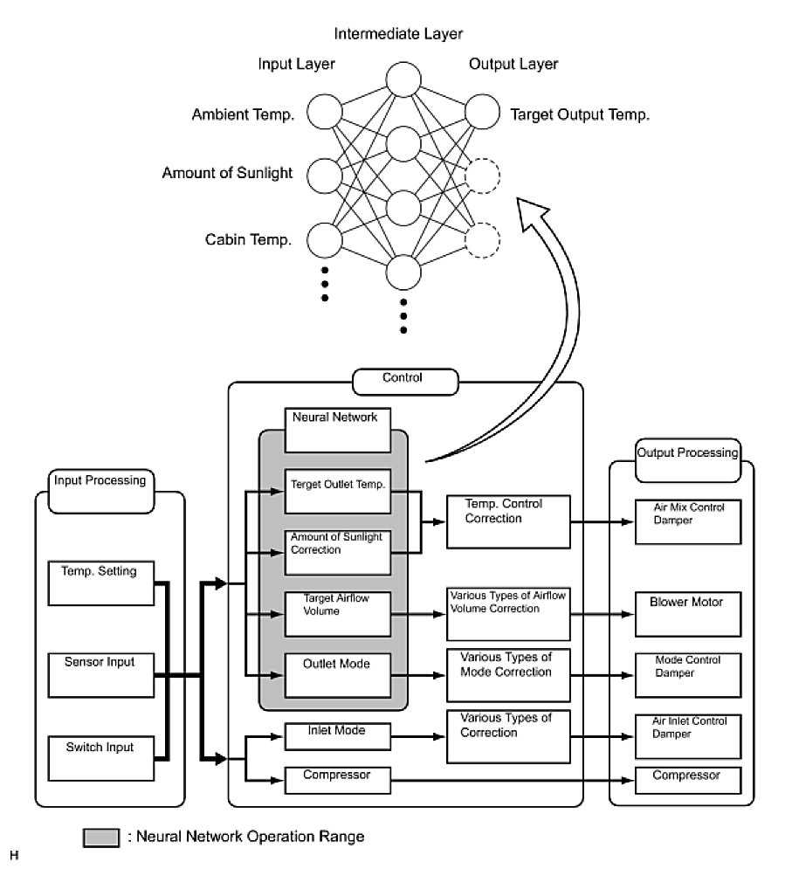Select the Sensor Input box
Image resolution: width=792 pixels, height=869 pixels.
point(100,672)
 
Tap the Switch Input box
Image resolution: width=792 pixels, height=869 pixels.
point(100,757)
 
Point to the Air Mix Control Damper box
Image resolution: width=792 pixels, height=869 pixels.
point(685,521)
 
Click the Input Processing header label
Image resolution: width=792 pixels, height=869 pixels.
point(100,480)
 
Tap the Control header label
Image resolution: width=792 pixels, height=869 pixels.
point(403,379)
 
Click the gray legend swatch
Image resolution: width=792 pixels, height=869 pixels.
point(101,838)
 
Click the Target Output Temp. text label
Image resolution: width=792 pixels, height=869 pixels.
point(580,114)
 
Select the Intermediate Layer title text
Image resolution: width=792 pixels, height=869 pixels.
point(398,34)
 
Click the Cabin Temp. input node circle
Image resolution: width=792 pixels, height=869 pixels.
point(324,239)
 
